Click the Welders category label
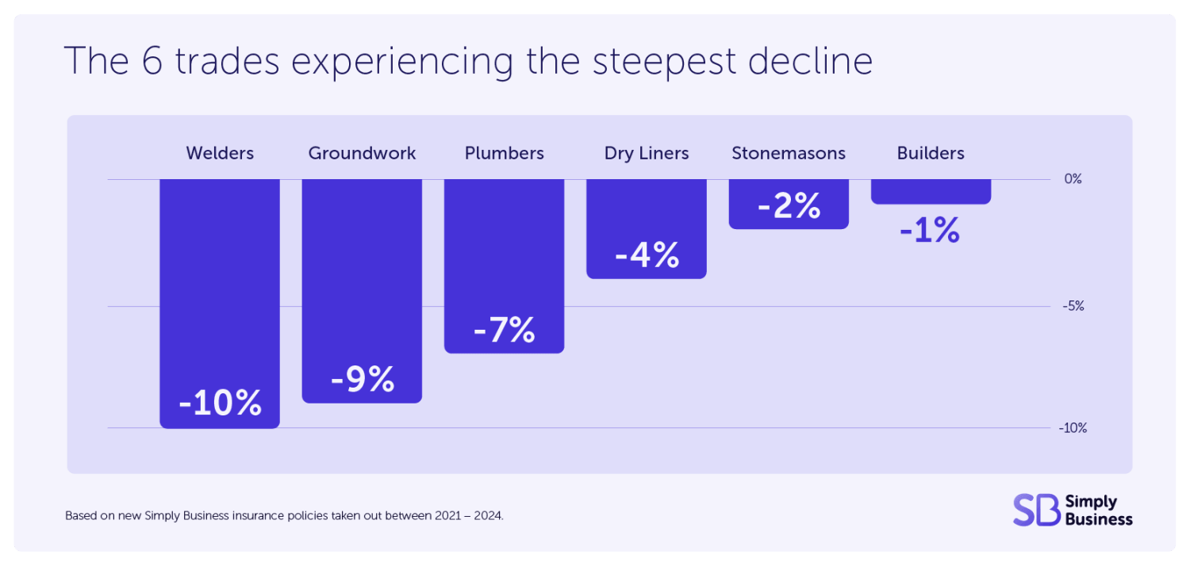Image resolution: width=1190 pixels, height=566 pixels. (220, 153)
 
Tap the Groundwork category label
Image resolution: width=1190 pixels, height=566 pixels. (362, 153)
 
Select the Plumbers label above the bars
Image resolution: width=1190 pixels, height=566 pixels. (504, 153)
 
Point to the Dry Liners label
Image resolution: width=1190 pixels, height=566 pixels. (647, 153)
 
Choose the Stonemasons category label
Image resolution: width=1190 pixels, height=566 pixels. (789, 153)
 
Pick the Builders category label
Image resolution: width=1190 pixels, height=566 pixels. (931, 153)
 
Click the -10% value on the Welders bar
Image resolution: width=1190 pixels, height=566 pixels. (220, 403)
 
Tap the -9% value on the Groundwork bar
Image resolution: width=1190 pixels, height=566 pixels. (363, 379)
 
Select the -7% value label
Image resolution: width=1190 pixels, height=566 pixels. (504, 330)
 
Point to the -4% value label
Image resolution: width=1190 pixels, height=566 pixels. (647, 255)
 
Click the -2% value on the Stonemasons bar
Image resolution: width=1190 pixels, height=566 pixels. (789, 205)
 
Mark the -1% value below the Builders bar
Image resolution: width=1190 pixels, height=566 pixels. (930, 231)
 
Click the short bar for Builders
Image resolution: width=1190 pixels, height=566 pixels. (931, 192)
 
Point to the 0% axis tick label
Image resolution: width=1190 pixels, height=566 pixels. (1073, 179)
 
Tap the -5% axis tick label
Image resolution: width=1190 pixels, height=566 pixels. (1073, 306)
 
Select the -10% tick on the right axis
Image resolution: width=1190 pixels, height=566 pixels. (1073, 428)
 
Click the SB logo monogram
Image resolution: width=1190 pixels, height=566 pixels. (1036, 510)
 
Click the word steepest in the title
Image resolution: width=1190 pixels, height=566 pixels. (664, 62)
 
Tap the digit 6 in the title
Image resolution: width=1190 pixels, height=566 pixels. (152, 61)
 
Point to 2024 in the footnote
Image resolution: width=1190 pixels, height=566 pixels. (488, 515)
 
